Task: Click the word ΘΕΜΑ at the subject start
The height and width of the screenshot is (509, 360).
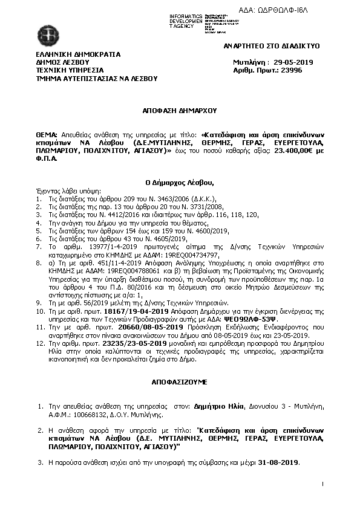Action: (47, 133)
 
